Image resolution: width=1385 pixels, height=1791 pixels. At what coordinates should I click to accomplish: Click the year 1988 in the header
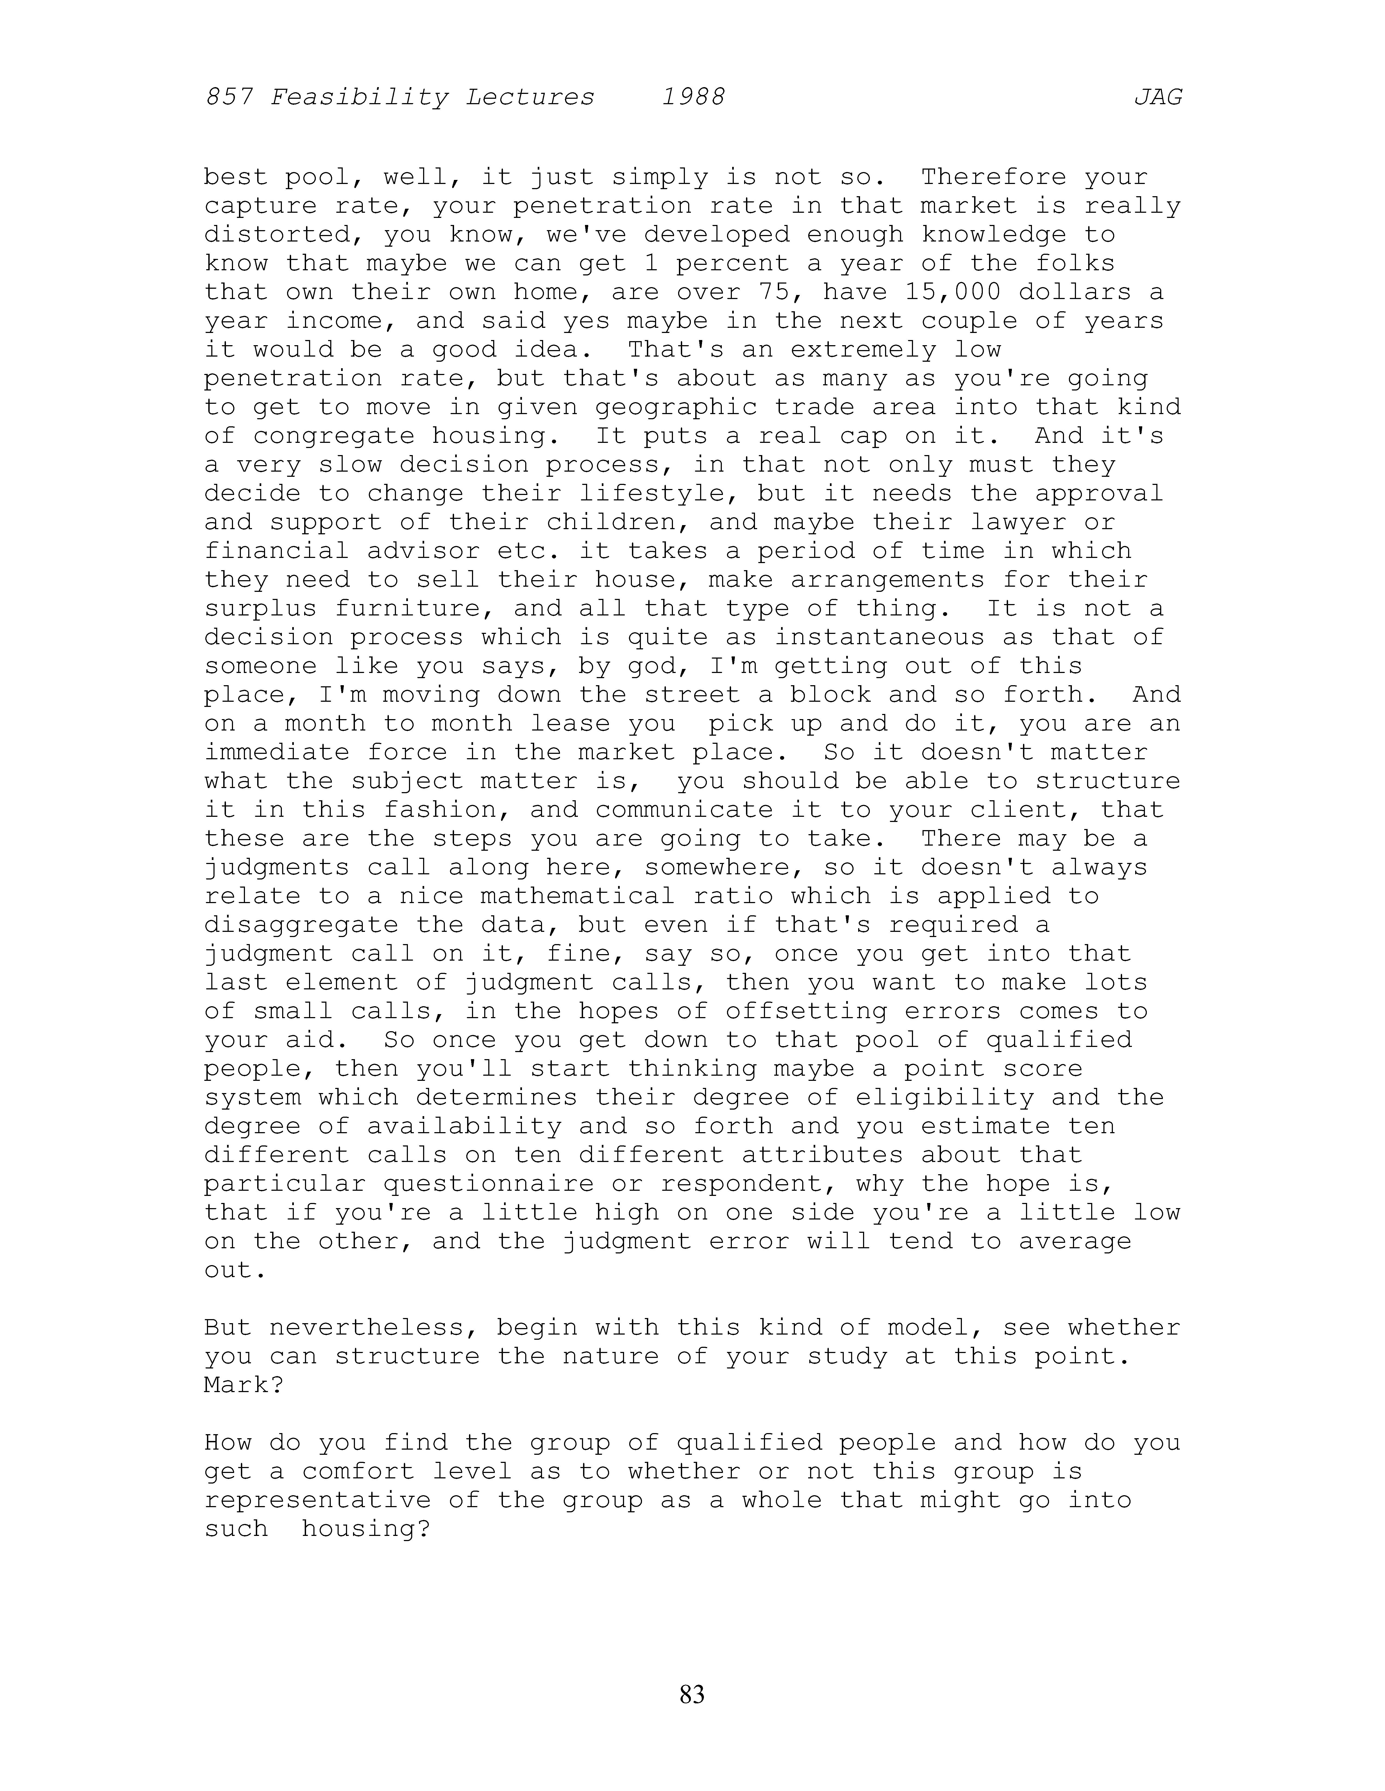(x=693, y=98)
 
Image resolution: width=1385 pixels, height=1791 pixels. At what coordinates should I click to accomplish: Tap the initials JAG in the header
(x=1158, y=98)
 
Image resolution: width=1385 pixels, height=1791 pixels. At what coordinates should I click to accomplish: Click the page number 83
(x=692, y=1693)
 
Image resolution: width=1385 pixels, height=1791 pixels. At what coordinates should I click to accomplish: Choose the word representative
(x=317, y=1500)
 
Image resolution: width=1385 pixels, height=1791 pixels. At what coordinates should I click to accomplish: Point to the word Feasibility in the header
(x=359, y=98)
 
